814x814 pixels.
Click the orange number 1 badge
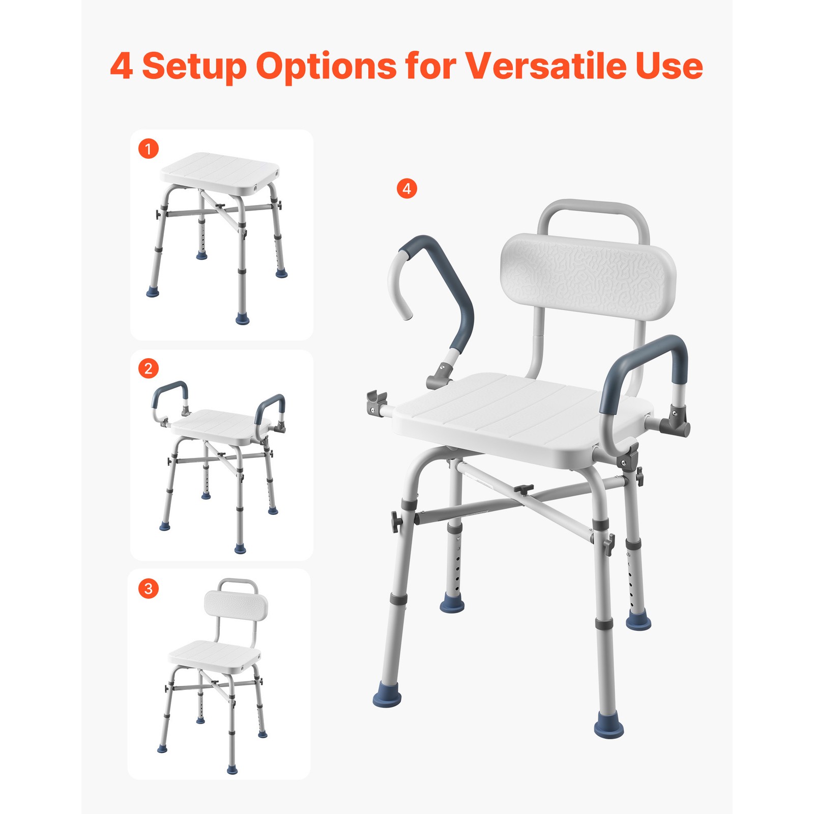point(149,149)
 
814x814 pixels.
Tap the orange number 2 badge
point(149,368)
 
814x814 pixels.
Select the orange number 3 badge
point(149,589)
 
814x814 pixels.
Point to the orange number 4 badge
point(406,189)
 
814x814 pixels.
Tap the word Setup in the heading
point(194,66)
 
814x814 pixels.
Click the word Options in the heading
point(326,66)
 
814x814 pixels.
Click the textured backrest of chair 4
point(588,275)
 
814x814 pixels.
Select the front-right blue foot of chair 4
point(608,728)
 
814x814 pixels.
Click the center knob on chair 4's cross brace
point(522,489)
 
